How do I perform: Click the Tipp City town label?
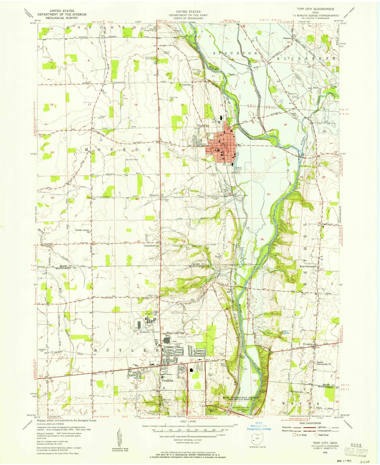[203, 126]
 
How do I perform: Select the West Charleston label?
[308, 266]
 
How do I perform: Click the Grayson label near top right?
[287, 38]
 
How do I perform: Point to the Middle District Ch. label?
[83, 231]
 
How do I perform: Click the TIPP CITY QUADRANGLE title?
[316, 9]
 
